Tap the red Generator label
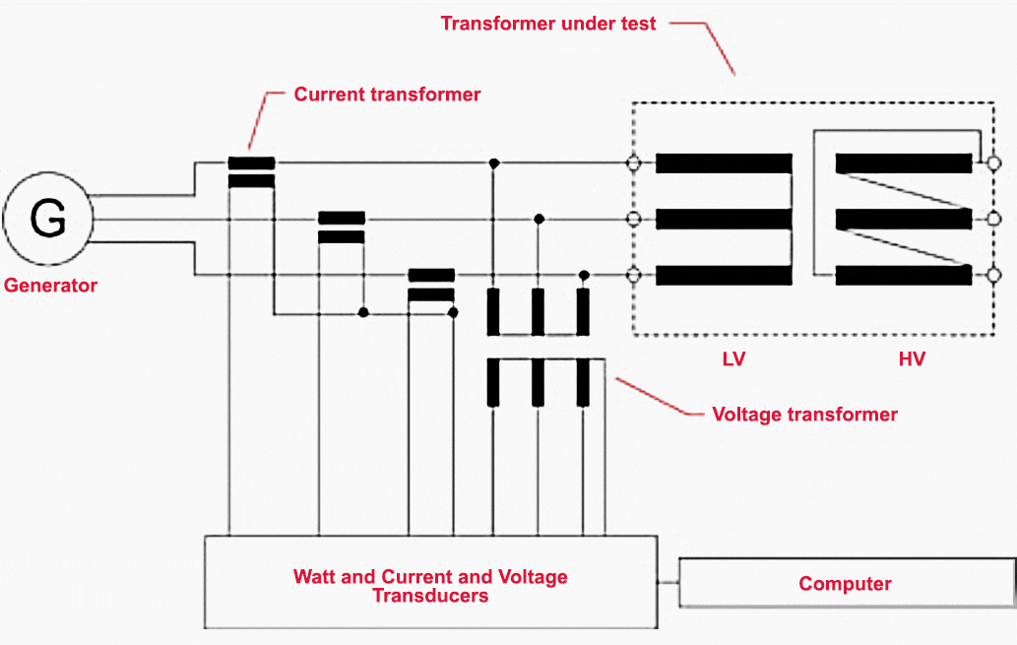(x=51, y=286)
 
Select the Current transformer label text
(x=387, y=95)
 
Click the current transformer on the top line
(x=251, y=171)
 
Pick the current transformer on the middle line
(x=342, y=227)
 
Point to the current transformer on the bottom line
(x=431, y=285)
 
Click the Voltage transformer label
(x=804, y=414)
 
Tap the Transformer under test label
(x=547, y=23)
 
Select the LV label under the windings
(x=733, y=358)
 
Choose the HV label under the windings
(x=912, y=358)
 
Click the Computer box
(x=845, y=584)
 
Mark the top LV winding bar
(x=724, y=162)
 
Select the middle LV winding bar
(x=724, y=219)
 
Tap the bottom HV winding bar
(x=904, y=276)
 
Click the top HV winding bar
(x=904, y=162)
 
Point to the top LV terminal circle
(x=634, y=162)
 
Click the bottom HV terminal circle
(x=993, y=276)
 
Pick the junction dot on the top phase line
(x=492, y=162)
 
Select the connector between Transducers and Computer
(x=668, y=583)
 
